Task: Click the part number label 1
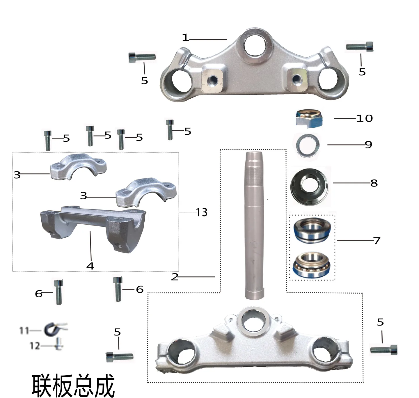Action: coord(185,38)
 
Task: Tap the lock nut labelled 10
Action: coord(309,118)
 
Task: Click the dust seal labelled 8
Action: coord(309,187)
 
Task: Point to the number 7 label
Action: coord(377,241)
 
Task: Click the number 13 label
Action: coord(201,212)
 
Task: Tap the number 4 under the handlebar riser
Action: coord(90,266)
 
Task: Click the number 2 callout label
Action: coord(175,277)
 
